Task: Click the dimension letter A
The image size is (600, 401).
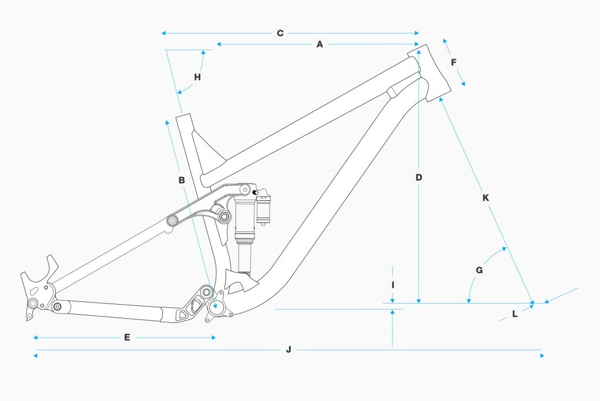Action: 320,44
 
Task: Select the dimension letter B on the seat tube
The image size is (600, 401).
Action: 182,180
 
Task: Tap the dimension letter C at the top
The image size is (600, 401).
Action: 280,33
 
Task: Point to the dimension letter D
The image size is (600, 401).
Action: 419,177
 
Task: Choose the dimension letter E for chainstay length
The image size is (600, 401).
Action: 127,338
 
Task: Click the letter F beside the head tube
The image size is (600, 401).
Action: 454,62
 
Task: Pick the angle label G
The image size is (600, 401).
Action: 479,271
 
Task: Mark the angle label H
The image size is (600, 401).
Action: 197,77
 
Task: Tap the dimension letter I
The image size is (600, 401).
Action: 393,284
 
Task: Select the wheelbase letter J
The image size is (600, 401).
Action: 288,350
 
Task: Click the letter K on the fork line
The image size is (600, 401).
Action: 485,198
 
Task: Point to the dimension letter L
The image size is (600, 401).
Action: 514,314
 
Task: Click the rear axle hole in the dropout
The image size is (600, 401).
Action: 33,303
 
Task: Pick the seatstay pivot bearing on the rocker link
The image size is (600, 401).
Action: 173,220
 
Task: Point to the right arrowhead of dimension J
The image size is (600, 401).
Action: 542,355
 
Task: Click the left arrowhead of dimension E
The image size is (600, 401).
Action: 36,338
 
